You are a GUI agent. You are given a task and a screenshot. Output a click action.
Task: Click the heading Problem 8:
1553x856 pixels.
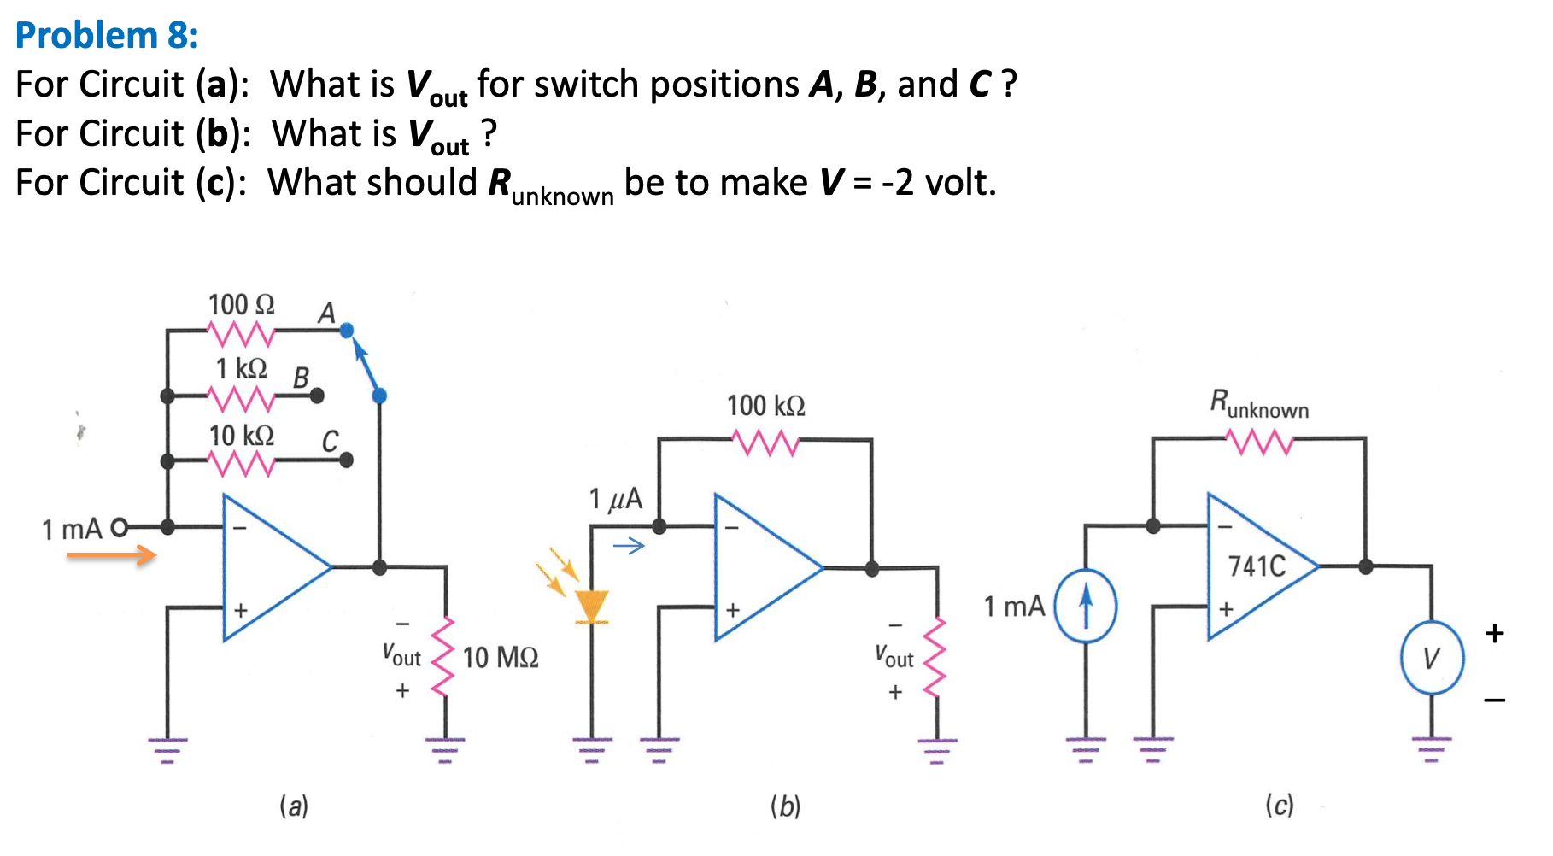point(107,35)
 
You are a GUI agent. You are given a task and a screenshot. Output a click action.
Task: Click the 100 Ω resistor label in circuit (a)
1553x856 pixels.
point(241,305)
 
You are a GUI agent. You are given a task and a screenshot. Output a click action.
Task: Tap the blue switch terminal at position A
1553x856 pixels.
point(347,331)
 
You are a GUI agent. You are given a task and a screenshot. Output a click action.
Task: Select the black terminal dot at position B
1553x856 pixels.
point(317,396)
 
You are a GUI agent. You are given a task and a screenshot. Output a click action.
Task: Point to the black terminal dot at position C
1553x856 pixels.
point(346,460)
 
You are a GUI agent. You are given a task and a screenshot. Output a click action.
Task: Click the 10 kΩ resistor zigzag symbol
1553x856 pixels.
point(242,462)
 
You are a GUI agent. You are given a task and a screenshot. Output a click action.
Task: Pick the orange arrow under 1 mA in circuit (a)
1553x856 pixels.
point(111,556)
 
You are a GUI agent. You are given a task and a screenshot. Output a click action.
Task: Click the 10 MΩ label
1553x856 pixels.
point(501,658)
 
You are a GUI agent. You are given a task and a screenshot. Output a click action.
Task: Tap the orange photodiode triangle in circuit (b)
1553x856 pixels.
point(591,606)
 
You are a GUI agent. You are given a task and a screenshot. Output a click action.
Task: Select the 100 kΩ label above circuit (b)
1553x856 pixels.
point(765,406)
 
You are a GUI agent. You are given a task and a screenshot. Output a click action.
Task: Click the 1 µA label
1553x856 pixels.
point(615,499)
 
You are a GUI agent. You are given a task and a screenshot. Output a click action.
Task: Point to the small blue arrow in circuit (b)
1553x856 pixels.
point(629,546)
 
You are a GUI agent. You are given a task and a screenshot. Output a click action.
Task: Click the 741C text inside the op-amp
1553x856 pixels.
point(1257,566)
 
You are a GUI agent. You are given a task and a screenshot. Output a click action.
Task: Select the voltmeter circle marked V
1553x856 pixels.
point(1432,659)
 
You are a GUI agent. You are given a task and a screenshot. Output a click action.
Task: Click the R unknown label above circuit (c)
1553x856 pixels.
point(1259,404)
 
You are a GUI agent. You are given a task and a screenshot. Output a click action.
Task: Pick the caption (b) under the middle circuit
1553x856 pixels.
point(785,806)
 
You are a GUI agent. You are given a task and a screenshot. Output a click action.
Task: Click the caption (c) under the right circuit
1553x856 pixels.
point(1279,805)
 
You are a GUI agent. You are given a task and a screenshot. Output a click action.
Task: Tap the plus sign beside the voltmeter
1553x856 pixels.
point(1494,633)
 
